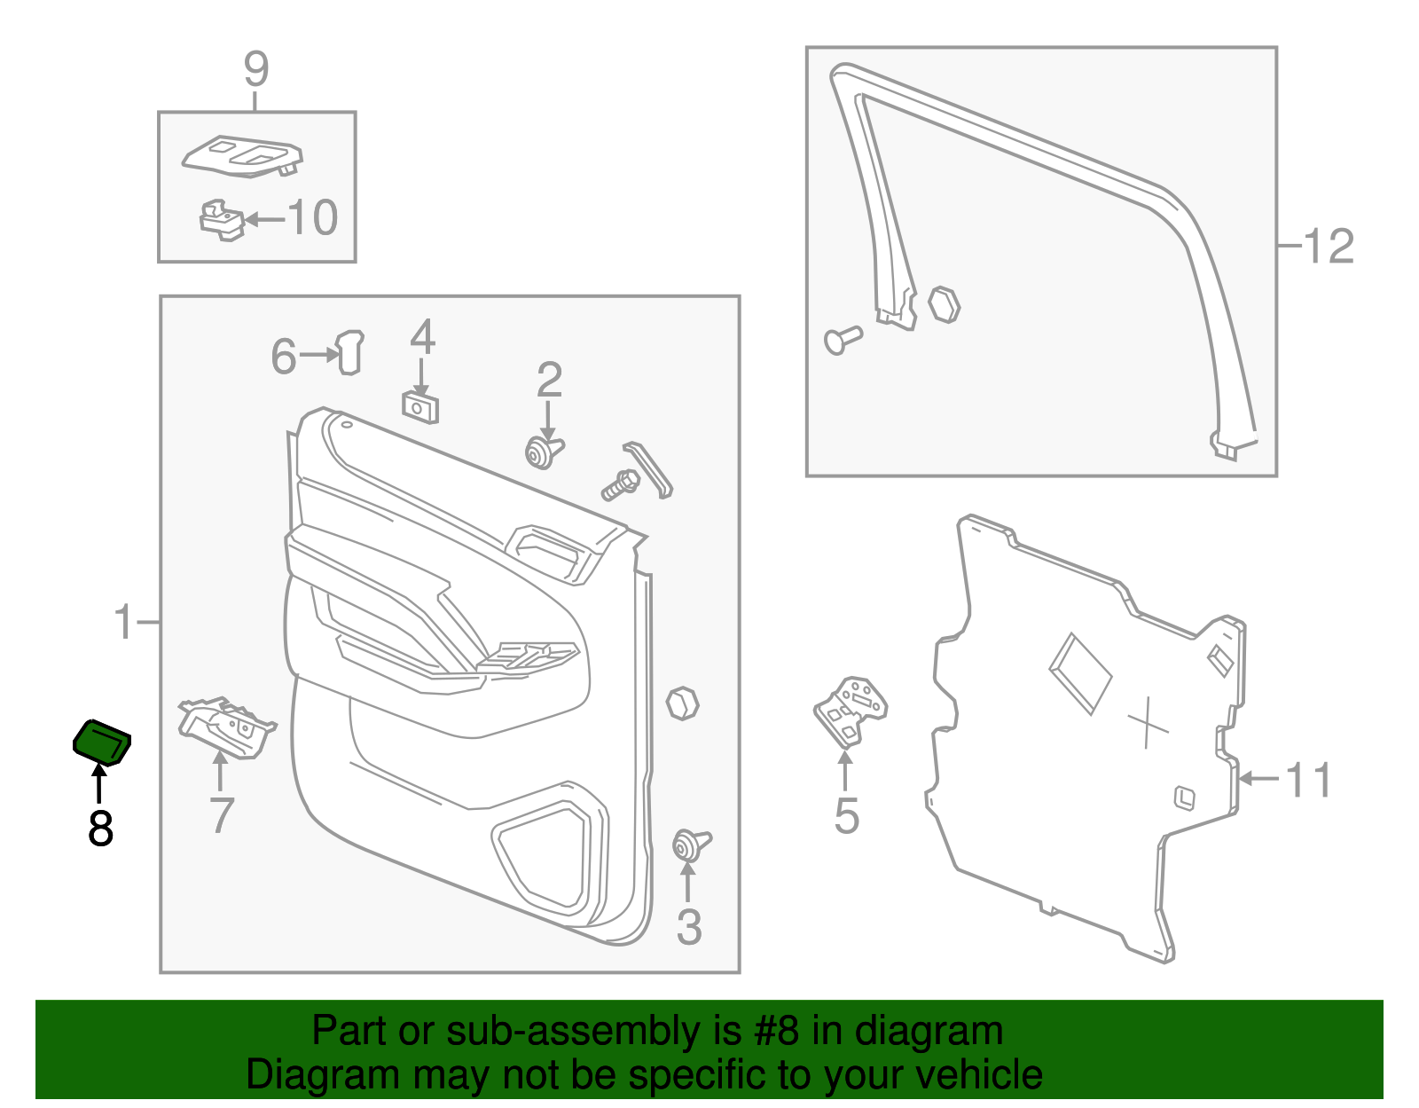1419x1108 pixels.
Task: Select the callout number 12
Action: point(1329,247)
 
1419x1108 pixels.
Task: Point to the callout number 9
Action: point(256,68)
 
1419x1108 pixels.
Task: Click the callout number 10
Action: point(313,217)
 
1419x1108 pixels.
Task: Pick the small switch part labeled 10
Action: point(222,220)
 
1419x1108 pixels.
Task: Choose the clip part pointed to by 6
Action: point(350,352)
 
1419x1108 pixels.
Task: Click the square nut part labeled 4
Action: point(419,407)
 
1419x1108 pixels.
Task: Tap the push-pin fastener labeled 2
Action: point(544,452)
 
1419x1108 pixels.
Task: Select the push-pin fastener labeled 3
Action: point(692,845)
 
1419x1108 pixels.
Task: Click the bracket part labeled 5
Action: point(850,712)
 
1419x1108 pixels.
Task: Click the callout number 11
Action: point(1308,781)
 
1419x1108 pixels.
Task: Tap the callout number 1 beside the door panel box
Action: point(123,622)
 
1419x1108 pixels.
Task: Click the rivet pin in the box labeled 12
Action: point(843,340)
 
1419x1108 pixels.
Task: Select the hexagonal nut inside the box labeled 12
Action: point(945,305)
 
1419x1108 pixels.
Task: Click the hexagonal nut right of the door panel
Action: point(682,703)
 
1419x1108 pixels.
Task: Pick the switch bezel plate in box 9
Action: point(242,157)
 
